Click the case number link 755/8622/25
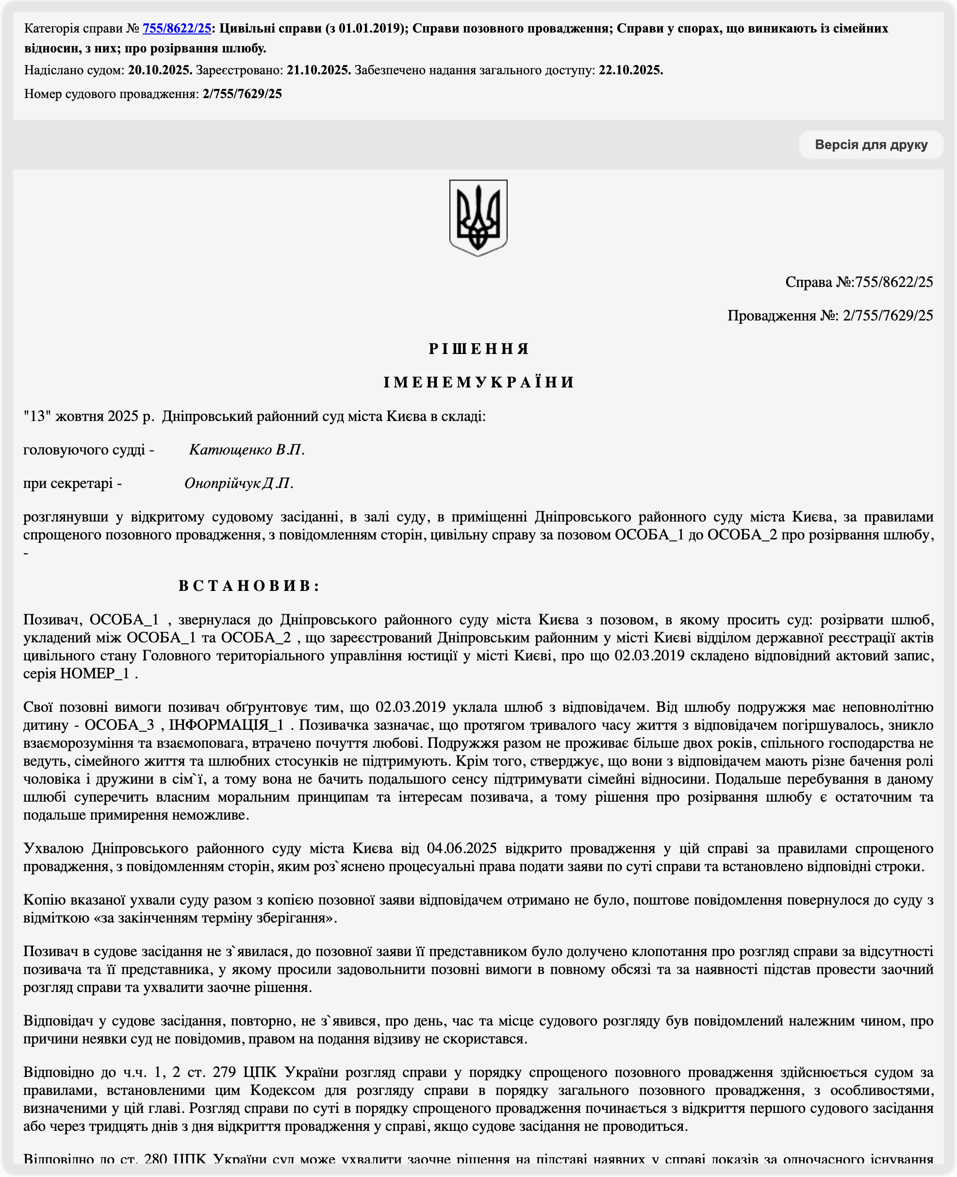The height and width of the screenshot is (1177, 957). pos(177,28)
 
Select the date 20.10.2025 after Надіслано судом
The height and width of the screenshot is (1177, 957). pos(160,70)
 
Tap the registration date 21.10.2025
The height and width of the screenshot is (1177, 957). pos(319,70)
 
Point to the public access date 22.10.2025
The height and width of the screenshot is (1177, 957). pos(631,70)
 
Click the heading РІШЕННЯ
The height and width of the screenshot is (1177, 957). pos(478,349)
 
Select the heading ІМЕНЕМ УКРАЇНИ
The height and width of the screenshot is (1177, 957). pos(478,382)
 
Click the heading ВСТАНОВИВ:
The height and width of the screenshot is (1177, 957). pos(248,586)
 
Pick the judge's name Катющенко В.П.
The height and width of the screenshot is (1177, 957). pos(247,450)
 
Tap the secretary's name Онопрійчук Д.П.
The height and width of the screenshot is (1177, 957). pos(238,484)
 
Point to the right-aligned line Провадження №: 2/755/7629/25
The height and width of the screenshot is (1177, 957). pos(830,316)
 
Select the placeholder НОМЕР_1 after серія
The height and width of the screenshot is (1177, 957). pos(94,673)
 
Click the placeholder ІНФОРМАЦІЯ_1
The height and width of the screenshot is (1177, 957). pos(227,725)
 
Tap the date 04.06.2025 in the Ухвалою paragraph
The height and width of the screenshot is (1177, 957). pos(462,848)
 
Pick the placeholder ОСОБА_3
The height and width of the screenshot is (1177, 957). pos(119,725)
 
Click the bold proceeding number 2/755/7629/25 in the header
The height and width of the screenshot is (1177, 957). pos(242,94)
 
